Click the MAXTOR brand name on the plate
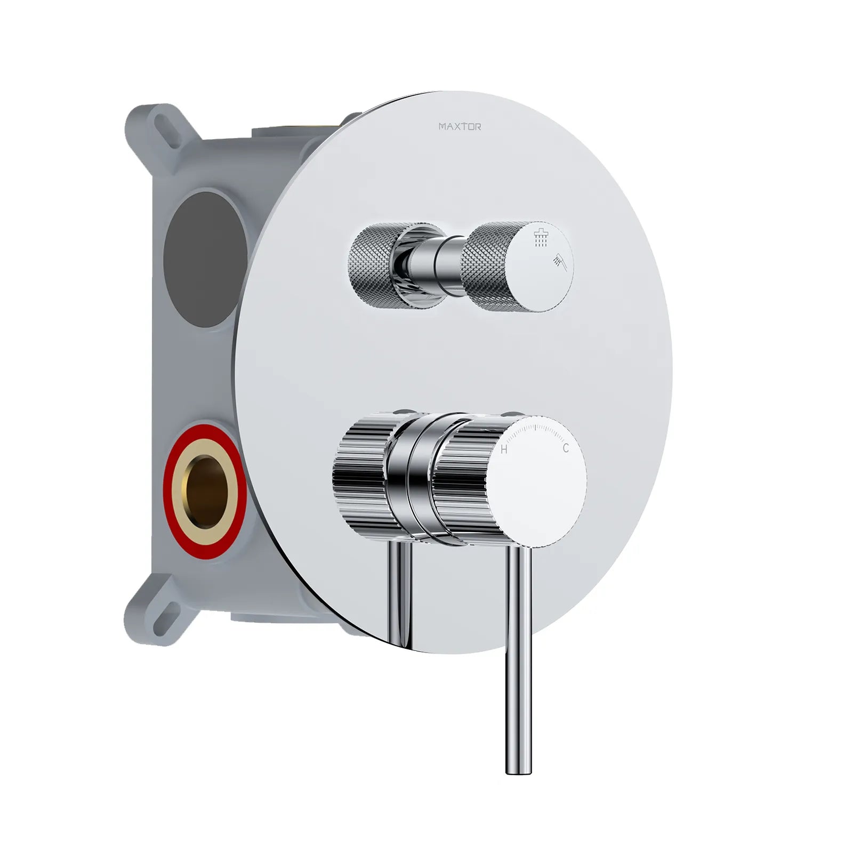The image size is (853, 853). [x=460, y=127]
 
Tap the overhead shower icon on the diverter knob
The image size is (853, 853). [x=541, y=238]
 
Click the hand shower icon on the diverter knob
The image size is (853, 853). [x=560, y=261]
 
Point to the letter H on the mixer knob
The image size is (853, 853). [x=504, y=450]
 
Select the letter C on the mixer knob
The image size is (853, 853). [x=566, y=448]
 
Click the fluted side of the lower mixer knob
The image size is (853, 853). [x=458, y=480]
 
